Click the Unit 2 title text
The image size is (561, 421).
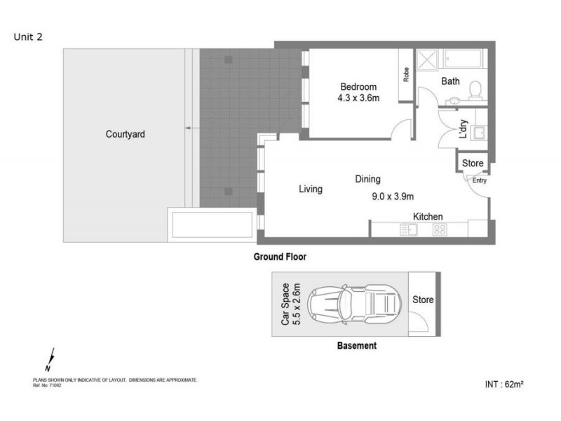click(29, 37)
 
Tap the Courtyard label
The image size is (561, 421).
click(126, 134)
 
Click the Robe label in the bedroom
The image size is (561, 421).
click(406, 74)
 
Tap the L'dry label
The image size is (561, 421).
click(464, 130)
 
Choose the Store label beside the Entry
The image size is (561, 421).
click(473, 163)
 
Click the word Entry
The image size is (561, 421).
click(479, 180)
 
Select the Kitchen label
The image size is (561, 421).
click(427, 217)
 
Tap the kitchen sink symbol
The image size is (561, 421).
click(409, 229)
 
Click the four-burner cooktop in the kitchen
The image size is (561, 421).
click(440, 229)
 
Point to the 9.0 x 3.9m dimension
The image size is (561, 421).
click(393, 196)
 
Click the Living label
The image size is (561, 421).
click(311, 189)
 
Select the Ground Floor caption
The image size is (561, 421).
click(280, 258)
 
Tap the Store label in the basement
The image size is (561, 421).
click(423, 300)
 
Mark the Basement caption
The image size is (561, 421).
click(356, 346)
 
